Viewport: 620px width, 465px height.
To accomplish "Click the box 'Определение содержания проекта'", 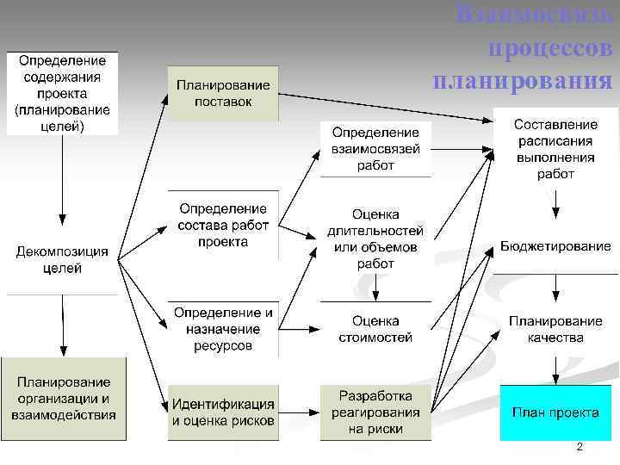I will click(63, 93).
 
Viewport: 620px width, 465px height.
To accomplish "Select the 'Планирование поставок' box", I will click(223, 93).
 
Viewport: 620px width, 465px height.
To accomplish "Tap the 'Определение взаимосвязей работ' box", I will click(375, 148).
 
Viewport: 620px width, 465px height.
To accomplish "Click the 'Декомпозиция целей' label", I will click(63, 260).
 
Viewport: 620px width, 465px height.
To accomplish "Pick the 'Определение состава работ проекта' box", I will click(223, 225).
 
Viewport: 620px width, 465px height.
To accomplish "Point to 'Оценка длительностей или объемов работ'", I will click(375, 239).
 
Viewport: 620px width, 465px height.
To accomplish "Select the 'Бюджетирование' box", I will click(555, 246).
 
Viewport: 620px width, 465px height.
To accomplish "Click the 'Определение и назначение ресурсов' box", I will click(223, 328).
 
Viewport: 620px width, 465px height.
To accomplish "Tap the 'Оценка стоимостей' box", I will click(375, 328).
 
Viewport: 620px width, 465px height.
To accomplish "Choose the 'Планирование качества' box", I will click(555, 329).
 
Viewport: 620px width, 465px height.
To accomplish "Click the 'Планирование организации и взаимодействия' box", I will click(63, 398).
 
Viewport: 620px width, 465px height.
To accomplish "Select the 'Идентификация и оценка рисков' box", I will click(223, 412).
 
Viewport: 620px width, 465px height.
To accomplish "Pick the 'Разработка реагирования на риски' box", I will click(375, 412).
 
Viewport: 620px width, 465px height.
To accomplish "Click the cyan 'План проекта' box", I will click(555, 412).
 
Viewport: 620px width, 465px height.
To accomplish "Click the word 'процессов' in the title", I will click(550, 49).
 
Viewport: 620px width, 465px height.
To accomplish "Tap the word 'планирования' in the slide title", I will click(524, 81).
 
